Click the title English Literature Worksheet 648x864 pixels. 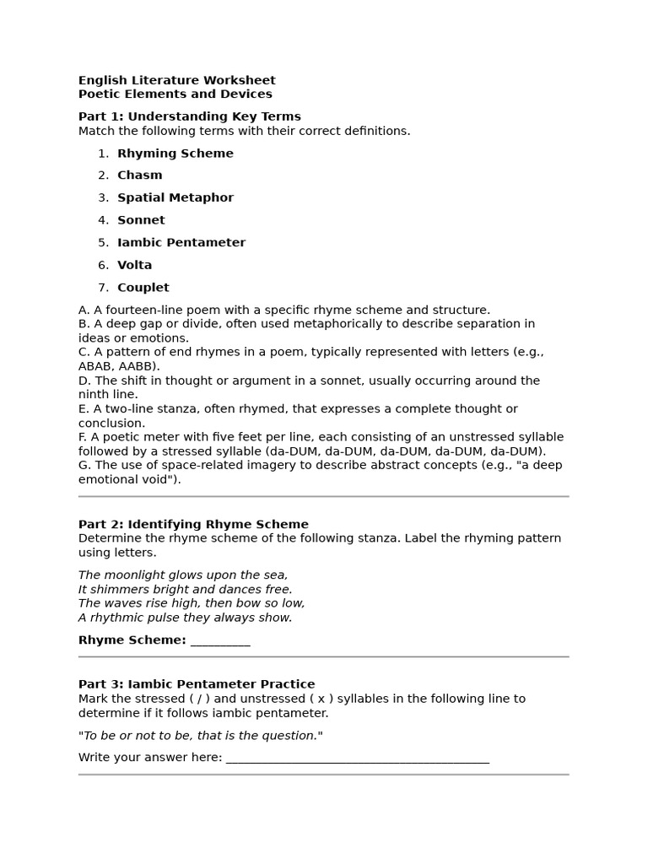click(x=176, y=80)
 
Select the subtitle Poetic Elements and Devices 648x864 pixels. click(x=175, y=94)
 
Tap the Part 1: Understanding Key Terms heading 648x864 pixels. click(x=189, y=116)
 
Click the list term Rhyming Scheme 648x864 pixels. click(x=175, y=154)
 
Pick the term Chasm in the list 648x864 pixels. click(x=139, y=175)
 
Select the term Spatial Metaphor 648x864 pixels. click(x=175, y=198)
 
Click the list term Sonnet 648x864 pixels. click(x=141, y=220)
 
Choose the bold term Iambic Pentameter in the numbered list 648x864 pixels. click(x=181, y=243)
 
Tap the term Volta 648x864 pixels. click(x=134, y=265)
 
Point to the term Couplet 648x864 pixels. click(x=143, y=288)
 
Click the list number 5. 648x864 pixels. click(x=102, y=243)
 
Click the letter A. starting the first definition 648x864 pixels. click(x=84, y=310)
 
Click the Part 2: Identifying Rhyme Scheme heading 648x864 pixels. click(x=193, y=525)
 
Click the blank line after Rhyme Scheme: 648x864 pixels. click(x=220, y=640)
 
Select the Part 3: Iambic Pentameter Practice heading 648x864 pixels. click(x=197, y=684)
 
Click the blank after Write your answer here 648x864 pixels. click(x=357, y=758)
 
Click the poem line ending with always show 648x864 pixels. click(x=185, y=618)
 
